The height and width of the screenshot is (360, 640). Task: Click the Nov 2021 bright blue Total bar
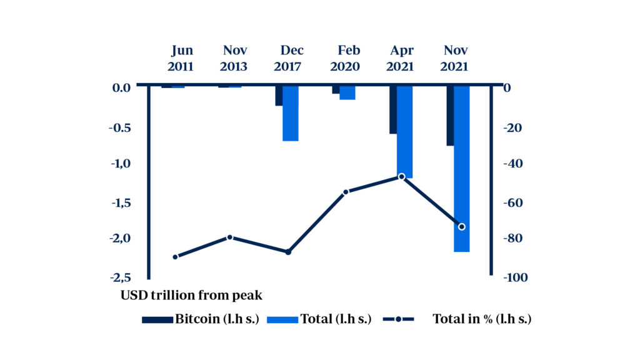(x=461, y=169)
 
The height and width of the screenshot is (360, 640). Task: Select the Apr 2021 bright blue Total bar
(x=404, y=131)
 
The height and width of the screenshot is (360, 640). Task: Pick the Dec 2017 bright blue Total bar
(x=291, y=113)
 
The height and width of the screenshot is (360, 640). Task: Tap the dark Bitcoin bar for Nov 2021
(x=450, y=116)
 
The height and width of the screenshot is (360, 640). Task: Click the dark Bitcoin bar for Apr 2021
(x=393, y=110)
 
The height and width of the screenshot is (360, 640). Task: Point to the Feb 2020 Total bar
(x=347, y=92)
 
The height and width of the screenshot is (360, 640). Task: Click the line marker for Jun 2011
(x=175, y=257)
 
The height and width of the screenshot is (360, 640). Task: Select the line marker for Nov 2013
(x=230, y=237)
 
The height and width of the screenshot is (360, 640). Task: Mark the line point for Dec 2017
(x=288, y=252)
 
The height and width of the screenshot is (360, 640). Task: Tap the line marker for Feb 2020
(x=346, y=192)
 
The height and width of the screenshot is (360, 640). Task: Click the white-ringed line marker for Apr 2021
(x=402, y=177)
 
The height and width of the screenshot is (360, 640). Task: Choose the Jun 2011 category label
(x=182, y=58)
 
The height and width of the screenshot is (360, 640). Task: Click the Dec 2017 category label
(x=292, y=58)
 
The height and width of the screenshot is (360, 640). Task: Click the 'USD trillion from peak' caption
(x=191, y=295)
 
